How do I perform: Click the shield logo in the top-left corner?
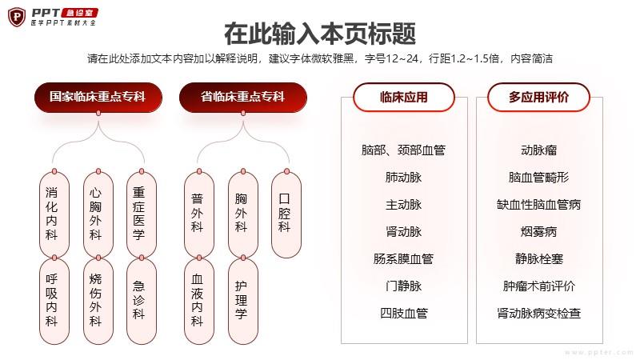point(17,17)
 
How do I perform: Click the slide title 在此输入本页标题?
point(320,34)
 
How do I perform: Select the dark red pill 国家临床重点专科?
point(98,97)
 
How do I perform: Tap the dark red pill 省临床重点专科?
point(243,97)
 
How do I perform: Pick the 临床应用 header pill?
point(404,97)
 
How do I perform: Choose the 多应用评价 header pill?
point(538,97)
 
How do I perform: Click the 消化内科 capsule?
point(54,214)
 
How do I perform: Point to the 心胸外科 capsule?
point(98,214)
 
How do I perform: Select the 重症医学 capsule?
point(142,214)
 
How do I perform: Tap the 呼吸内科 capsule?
point(54,302)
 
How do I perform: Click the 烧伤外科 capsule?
point(98,302)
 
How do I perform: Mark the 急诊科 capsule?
point(142,302)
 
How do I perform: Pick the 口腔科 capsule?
point(286,214)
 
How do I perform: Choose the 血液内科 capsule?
point(199,302)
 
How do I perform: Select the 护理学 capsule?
point(243,302)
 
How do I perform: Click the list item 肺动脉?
point(404,177)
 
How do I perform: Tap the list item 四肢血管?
point(404,313)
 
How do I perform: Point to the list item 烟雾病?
point(538,232)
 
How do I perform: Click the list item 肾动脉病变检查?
point(538,313)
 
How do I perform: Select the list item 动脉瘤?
point(538,150)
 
